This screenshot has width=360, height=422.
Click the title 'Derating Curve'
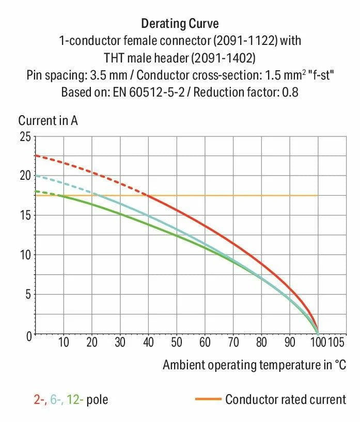pyautogui.click(x=180, y=24)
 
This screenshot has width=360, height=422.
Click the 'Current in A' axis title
pyautogui.click(x=48, y=121)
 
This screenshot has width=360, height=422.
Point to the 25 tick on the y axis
pyautogui.click(x=24, y=137)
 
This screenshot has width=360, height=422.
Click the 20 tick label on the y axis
pyautogui.click(x=24, y=176)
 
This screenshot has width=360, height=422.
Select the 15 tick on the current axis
pyautogui.click(x=24, y=215)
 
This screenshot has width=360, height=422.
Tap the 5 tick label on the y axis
pyautogui.click(x=27, y=295)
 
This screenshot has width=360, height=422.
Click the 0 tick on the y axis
pyautogui.click(x=27, y=335)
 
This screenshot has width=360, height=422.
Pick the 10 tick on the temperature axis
pyautogui.click(x=64, y=342)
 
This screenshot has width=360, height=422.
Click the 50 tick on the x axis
pyautogui.click(x=177, y=342)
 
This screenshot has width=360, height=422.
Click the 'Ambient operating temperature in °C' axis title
pyautogui.click(x=254, y=365)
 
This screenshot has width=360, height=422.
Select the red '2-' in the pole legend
pyautogui.click(x=39, y=399)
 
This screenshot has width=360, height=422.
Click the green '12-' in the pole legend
pyautogui.click(x=77, y=399)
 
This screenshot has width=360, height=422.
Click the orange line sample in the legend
pyautogui.click(x=208, y=399)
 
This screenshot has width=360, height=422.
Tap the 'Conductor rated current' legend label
pyautogui.click(x=286, y=399)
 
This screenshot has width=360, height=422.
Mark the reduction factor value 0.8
pyautogui.click(x=291, y=93)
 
